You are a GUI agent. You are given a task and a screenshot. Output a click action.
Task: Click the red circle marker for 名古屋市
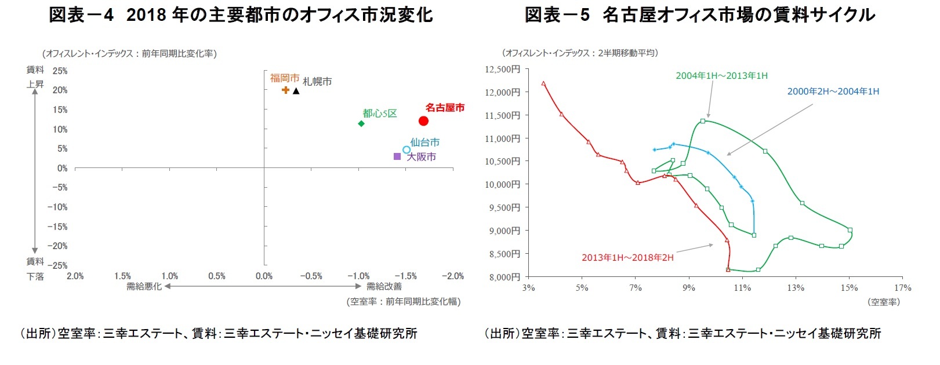(x=423, y=121)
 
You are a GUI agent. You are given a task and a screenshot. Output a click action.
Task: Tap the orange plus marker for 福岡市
(x=285, y=90)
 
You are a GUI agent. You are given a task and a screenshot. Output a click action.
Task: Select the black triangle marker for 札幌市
(x=296, y=90)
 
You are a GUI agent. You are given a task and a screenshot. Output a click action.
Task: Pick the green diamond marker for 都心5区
(x=361, y=123)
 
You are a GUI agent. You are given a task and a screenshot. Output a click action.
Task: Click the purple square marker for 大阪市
(x=397, y=156)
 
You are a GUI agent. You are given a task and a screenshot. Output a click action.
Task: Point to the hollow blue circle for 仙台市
(x=407, y=149)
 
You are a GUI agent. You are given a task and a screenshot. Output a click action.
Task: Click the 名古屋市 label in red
(x=445, y=108)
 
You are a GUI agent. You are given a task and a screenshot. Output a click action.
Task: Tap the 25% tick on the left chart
(x=60, y=71)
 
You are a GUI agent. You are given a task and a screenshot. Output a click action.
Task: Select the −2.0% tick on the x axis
(x=453, y=276)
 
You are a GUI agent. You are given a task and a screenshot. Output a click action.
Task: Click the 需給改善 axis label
(x=384, y=286)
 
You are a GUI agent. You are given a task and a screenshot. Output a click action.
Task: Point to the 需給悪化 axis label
(x=144, y=286)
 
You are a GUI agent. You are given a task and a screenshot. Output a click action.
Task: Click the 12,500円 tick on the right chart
(x=502, y=70)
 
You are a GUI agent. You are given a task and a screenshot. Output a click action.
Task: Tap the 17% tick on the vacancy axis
(x=902, y=288)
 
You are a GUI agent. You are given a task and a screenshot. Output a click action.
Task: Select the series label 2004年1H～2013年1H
(x=721, y=76)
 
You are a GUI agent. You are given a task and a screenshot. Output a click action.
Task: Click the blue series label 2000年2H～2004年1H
(x=833, y=92)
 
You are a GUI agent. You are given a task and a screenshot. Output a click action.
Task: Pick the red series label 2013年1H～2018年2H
(x=627, y=258)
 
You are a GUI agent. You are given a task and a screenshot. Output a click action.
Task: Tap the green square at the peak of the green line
(x=703, y=121)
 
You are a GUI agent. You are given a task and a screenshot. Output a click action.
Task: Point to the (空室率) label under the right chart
(x=884, y=302)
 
